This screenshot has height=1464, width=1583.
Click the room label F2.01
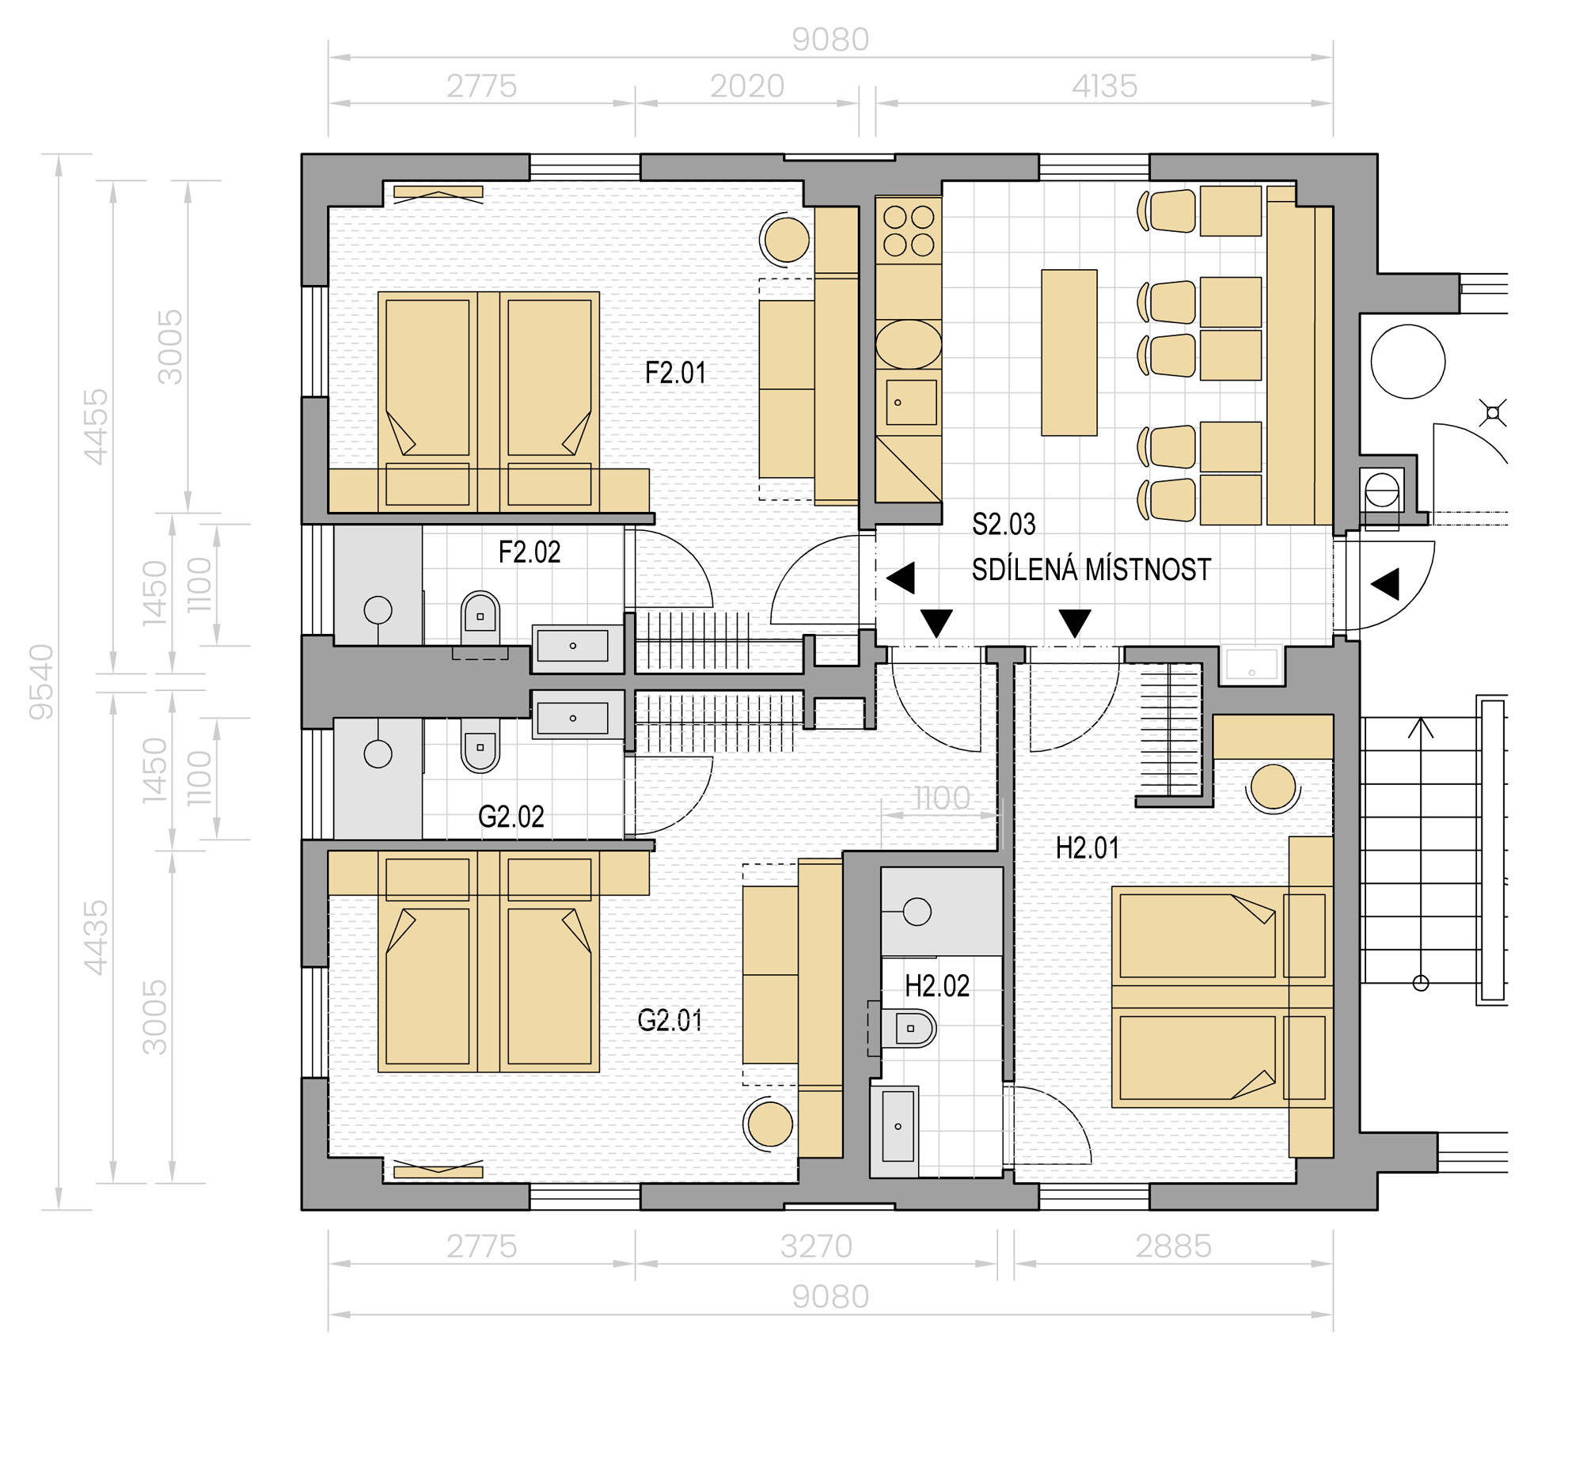click(675, 374)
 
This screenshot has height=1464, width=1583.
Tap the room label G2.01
click(670, 1020)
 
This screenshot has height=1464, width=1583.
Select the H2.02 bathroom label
click(937, 986)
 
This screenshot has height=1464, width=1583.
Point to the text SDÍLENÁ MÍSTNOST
click(1091, 570)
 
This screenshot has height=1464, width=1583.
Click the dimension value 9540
click(41, 682)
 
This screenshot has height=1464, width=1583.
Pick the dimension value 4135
click(1104, 85)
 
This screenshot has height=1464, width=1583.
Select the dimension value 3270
click(816, 1247)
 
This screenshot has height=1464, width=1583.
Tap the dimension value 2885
click(1173, 1247)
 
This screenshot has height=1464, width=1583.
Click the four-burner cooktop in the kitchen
click(909, 230)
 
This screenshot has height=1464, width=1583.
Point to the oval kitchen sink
click(909, 344)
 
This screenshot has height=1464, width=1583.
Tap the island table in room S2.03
click(1069, 352)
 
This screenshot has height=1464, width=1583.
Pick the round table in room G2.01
click(769, 1125)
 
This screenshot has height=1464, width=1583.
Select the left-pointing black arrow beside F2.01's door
click(901, 578)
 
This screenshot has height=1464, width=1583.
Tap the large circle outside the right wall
click(1408, 361)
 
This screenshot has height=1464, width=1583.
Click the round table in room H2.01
click(1273, 787)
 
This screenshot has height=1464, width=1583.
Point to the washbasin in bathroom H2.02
click(898, 1126)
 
